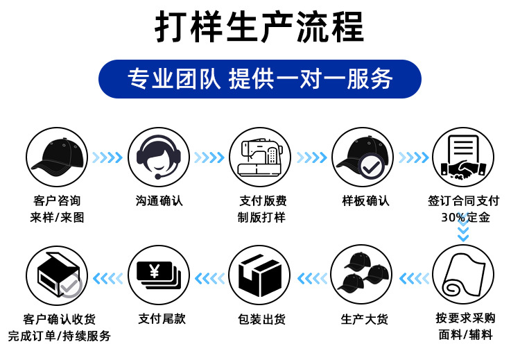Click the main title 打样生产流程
(259, 28)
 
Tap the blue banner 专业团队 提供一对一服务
(259, 78)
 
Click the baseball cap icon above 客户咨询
(56, 157)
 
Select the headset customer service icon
(159, 157)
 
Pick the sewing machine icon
(260, 157)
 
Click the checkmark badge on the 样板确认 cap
(372, 166)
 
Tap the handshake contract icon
(462, 157)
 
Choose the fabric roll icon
(462, 275)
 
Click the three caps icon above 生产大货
(362, 275)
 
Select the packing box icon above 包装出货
(260, 275)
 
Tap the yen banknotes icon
(159, 275)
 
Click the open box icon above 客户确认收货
(56, 275)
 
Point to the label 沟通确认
(159, 201)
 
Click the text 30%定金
(465, 217)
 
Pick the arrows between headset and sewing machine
(209, 158)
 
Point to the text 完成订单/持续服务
(59, 336)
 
